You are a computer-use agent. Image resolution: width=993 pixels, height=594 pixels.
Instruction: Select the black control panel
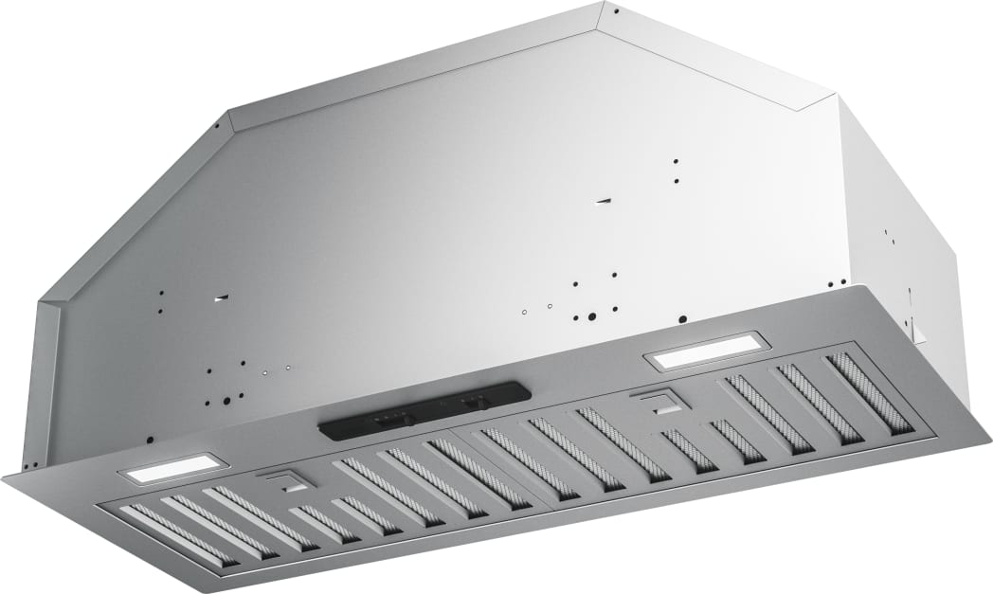423,409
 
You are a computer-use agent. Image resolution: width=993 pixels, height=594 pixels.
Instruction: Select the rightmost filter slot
868,392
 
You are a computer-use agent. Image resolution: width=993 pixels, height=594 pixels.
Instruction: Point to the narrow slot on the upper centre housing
604,201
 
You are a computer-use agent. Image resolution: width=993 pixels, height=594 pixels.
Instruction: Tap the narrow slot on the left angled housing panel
220,297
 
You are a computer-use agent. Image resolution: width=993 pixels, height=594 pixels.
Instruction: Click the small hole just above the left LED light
149,440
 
